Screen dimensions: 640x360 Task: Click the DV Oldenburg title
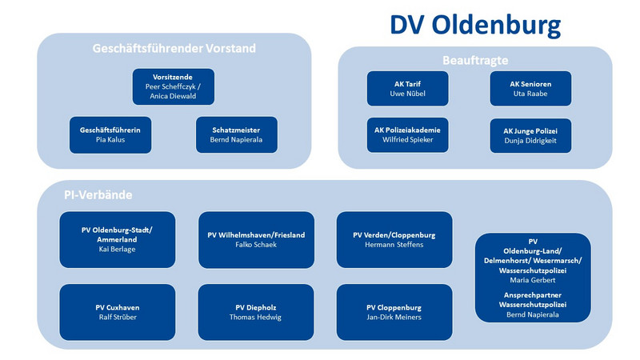[475, 26]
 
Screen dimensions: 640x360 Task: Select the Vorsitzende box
[174, 86]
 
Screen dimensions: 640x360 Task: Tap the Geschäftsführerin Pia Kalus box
[110, 135]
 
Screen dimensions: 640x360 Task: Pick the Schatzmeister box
[237, 135]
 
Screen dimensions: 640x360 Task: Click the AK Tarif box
[408, 89]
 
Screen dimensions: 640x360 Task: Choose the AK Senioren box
[530, 89]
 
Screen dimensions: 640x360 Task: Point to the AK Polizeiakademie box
[408, 135]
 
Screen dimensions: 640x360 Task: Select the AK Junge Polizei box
[530, 135]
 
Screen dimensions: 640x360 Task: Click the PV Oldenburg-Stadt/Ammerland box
[118, 239]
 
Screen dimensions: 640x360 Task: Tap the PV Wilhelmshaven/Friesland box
[256, 239]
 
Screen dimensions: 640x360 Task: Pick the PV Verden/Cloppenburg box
[394, 239]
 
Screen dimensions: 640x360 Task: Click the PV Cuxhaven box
[118, 312]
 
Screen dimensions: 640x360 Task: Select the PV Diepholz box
[256, 312]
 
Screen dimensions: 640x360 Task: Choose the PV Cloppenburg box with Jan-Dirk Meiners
[394, 312]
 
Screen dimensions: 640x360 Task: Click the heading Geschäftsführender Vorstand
[174, 49]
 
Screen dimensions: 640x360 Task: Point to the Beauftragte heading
[475, 61]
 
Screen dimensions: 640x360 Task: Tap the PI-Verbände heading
[98, 194]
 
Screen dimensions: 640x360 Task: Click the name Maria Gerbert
[533, 280]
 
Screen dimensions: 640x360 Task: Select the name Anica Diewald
[173, 96]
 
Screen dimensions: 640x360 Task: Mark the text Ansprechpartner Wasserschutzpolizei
[533, 300]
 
